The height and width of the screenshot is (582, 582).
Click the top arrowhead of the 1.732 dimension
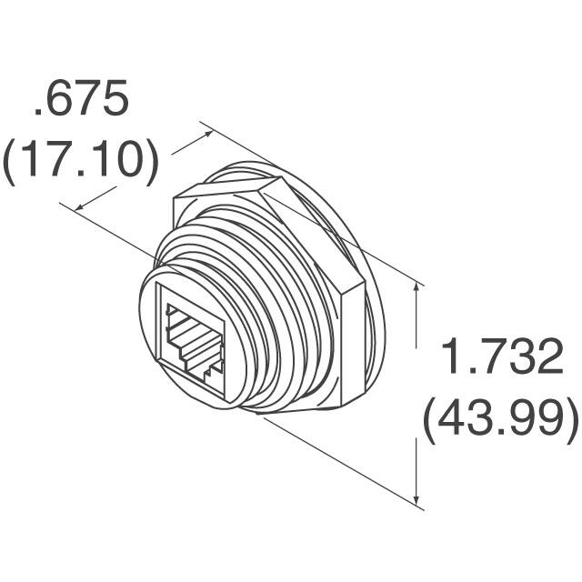pyautogui.click(x=417, y=287)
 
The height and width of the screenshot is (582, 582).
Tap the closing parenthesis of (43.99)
pyautogui.click(x=570, y=421)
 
